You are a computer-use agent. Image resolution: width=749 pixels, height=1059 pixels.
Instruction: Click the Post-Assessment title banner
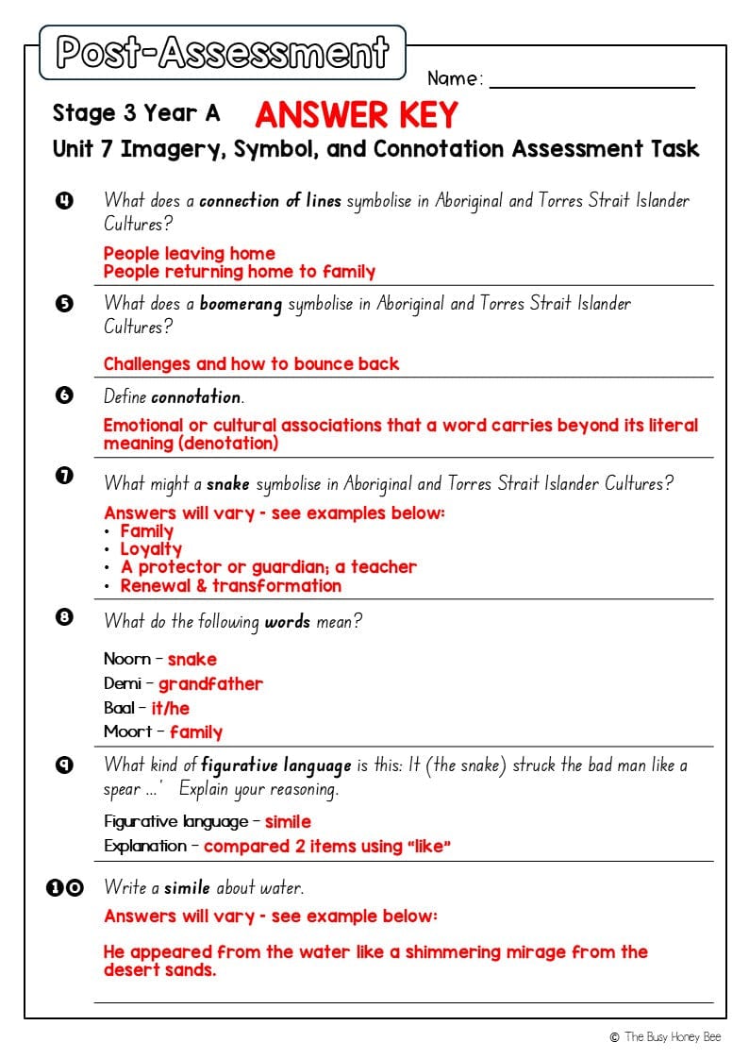(223, 53)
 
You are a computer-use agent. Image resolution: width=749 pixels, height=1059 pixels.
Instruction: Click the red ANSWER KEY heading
(357, 115)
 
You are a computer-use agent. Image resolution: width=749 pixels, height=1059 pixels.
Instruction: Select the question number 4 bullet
(64, 199)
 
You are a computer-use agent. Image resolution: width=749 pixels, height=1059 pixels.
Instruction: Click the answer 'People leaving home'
(189, 253)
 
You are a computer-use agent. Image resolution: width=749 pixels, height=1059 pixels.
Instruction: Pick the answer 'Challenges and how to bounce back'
(251, 363)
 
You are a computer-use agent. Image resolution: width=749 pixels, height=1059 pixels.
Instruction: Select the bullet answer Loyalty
(151, 548)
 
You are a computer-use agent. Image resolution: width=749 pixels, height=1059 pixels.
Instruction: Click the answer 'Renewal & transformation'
(230, 585)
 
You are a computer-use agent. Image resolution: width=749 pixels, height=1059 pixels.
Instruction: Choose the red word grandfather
(210, 683)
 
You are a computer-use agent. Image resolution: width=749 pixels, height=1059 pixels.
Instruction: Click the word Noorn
(126, 659)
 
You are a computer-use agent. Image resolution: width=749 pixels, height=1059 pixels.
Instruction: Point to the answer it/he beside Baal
(170, 708)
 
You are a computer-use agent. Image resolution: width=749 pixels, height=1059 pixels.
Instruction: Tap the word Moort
(127, 731)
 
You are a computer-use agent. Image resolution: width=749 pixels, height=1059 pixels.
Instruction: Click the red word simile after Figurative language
(288, 821)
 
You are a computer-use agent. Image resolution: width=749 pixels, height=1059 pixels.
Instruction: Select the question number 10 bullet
(65, 887)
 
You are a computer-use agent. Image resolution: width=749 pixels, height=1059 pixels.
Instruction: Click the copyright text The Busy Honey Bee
(672, 1036)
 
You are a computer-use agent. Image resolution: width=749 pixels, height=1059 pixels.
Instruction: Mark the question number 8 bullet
(64, 617)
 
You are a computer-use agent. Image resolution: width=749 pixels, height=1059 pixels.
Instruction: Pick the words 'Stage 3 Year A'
(136, 114)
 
